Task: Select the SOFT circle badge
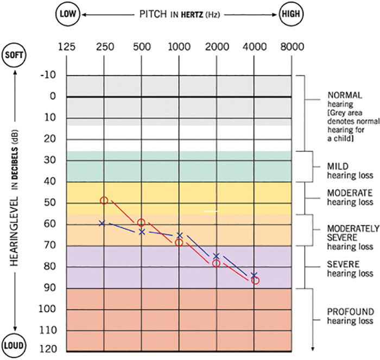(x=14, y=55)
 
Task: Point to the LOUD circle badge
(x=14, y=345)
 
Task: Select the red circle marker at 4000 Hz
(x=255, y=281)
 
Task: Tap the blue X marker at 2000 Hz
(x=216, y=256)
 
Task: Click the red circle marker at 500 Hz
(x=141, y=223)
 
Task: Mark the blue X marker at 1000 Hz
(x=180, y=235)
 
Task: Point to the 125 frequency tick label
(x=67, y=47)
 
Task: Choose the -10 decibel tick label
(x=49, y=75)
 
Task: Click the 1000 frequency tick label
(x=180, y=47)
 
